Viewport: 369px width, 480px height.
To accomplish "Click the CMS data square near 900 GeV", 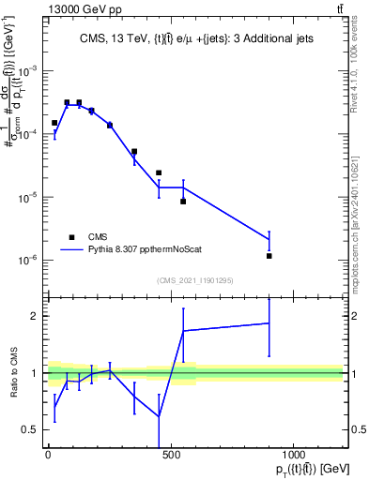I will (269, 256).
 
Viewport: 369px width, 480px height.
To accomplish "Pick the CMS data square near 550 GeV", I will (183, 202).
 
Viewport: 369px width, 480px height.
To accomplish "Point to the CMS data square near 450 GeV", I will (159, 172).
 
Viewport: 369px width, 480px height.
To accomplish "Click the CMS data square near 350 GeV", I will (134, 151).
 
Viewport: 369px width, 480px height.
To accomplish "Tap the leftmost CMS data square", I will (54, 123).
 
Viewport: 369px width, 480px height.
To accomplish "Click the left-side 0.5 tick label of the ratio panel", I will (34, 429).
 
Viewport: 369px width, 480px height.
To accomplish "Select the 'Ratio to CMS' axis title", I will (12, 373).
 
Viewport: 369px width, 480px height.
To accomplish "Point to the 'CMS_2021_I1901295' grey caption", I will (194, 280).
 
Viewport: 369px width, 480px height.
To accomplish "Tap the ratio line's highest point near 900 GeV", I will (269, 322).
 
